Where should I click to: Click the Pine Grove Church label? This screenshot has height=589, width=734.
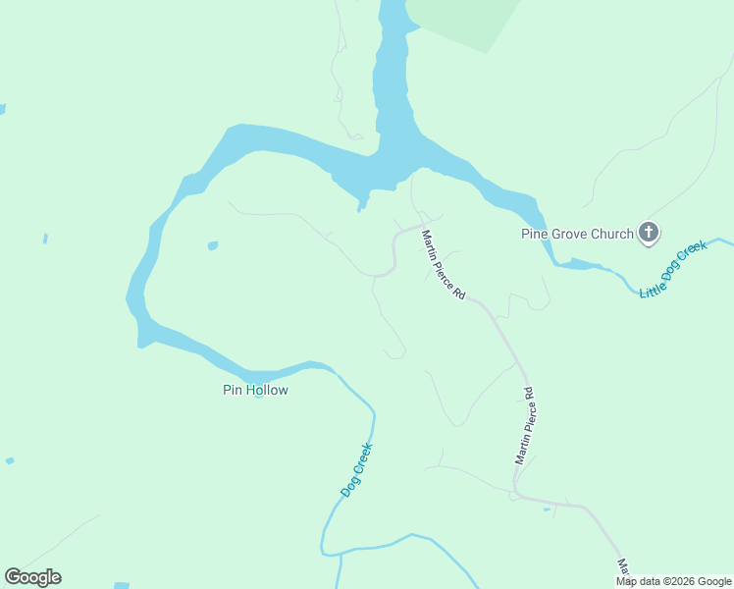pos(577,234)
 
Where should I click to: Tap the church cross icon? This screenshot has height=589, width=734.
pos(649,234)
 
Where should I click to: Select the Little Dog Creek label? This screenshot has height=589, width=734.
pos(673,270)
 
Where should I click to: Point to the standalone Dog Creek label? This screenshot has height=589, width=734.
pos(356,470)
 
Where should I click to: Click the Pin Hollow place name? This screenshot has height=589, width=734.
pos(255,390)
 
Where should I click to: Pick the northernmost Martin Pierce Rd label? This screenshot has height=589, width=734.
pos(443,265)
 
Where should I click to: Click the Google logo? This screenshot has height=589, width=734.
pos(32,577)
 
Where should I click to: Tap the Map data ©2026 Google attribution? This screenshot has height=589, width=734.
pos(674,581)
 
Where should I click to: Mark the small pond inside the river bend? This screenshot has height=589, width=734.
pos(213,245)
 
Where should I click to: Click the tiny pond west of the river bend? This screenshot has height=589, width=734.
pos(45,239)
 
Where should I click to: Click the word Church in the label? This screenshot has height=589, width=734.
pos(613,234)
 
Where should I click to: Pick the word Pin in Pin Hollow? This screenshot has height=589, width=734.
pos(232,390)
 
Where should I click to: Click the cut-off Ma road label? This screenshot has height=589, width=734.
pos(623,567)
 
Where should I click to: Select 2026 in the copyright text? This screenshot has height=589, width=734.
pos(680,581)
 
